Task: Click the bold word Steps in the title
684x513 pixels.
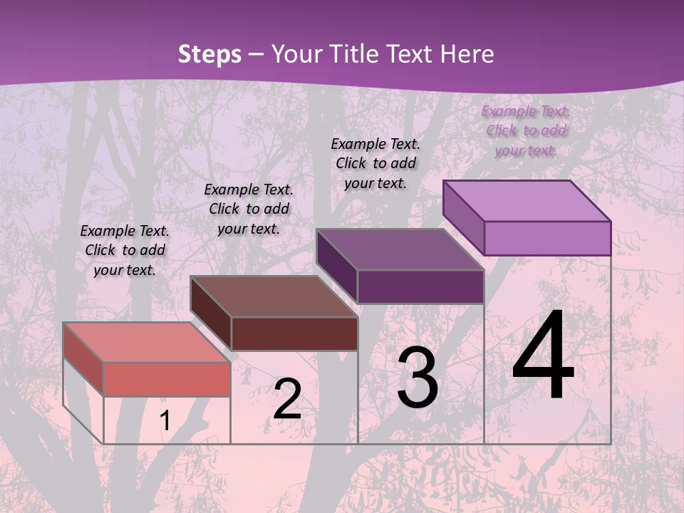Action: pos(209,54)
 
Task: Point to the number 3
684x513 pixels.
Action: pos(418,378)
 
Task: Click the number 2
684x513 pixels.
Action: pos(287,399)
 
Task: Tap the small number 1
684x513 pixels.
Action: pos(165,421)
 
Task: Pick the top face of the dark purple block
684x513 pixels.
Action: pos(400,249)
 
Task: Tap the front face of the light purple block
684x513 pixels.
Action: pos(547,238)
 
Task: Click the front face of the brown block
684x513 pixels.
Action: pos(294,333)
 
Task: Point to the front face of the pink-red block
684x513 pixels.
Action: pos(167,379)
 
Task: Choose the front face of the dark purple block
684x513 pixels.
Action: pos(420,286)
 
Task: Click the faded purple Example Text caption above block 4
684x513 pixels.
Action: pos(526,130)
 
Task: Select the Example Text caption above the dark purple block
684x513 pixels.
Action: pos(375,163)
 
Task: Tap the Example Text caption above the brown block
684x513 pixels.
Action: pos(249,209)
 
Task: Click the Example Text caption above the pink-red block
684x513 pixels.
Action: pos(125,250)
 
